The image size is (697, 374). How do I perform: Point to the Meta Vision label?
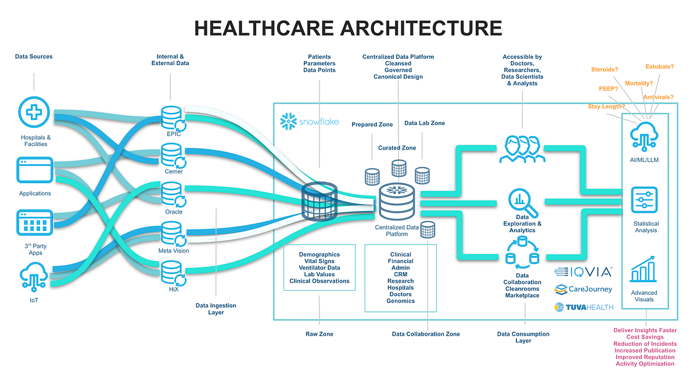pyautogui.click(x=173, y=251)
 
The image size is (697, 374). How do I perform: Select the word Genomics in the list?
pyautogui.click(x=400, y=301)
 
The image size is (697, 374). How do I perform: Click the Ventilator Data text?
pyautogui.click(x=319, y=268)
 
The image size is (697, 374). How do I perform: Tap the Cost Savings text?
pyautogui.click(x=645, y=337)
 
